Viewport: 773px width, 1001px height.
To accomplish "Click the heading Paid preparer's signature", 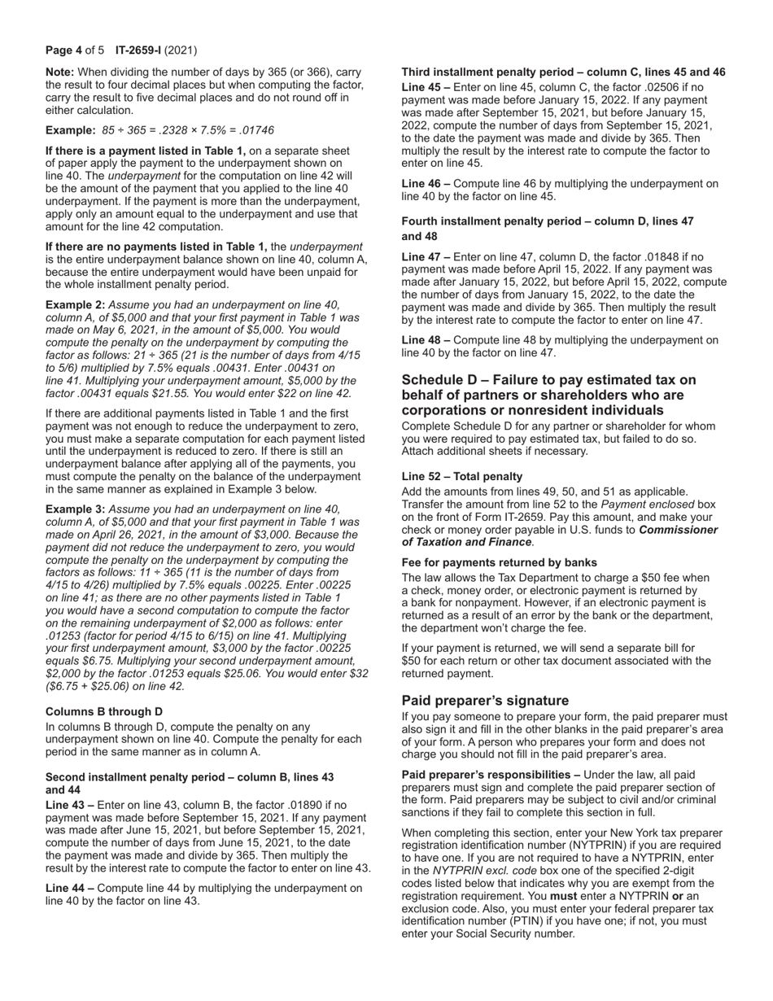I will point(485,701).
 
